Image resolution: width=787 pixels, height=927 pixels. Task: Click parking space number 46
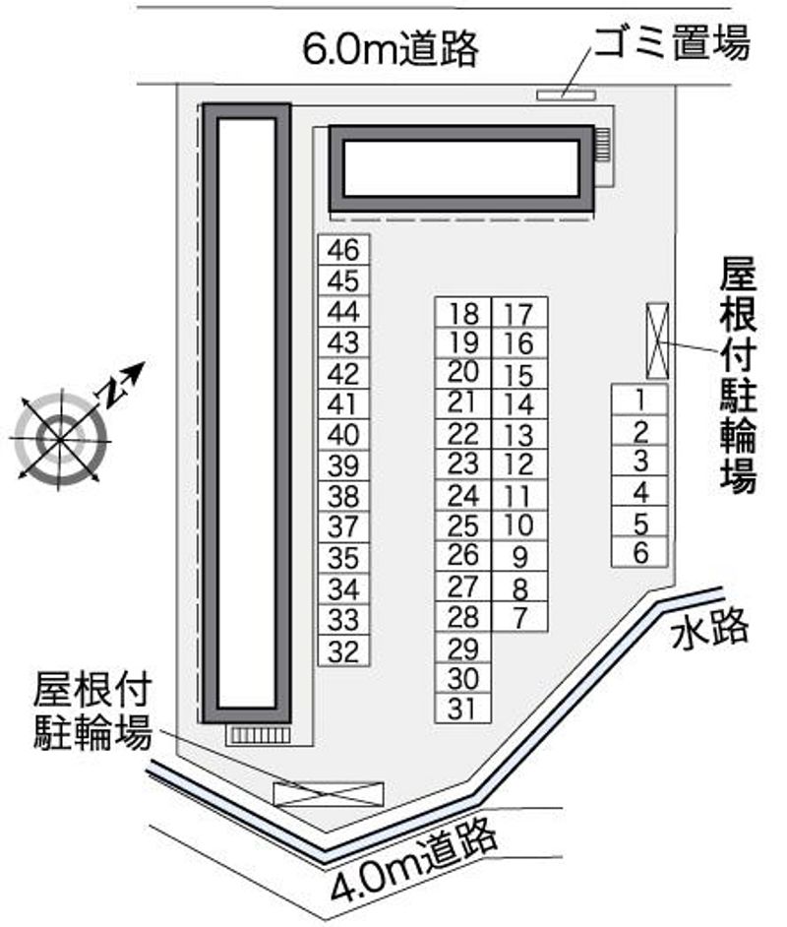pyautogui.click(x=344, y=250)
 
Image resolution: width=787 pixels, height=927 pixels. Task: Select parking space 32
pyautogui.click(x=344, y=650)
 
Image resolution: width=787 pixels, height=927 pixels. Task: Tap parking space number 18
pyautogui.click(x=463, y=312)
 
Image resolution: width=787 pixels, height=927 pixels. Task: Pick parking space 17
pyautogui.click(x=520, y=312)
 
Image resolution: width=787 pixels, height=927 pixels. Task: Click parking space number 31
pyautogui.click(x=463, y=708)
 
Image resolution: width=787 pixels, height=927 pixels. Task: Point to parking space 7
pyautogui.click(x=520, y=617)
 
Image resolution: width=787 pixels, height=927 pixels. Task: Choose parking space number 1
pyautogui.click(x=639, y=400)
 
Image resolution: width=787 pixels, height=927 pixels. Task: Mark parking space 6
pyautogui.click(x=639, y=552)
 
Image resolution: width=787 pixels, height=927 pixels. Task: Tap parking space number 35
pyautogui.click(x=344, y=558)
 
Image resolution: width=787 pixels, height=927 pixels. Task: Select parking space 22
pyautogui.click(x=463, y=434)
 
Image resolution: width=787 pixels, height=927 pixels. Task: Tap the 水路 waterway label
pyautogui.click(x=709, y=630)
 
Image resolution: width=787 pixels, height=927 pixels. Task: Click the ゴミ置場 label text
pyautogui.click(x=672, y=41)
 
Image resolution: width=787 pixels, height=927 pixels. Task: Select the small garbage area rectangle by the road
pyautogui.click(x=566, y=94)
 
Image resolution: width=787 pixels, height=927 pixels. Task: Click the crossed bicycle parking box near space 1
pyautogui.click(x=657, y=340)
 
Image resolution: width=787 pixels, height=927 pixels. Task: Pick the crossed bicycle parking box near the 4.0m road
pyautogui.click(x=329, y=794)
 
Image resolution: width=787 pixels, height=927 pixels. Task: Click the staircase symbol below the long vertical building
pyautogui.click(x=259, y=735)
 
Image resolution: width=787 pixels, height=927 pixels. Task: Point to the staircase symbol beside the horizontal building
pyautogui.click(x=601, y=145)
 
